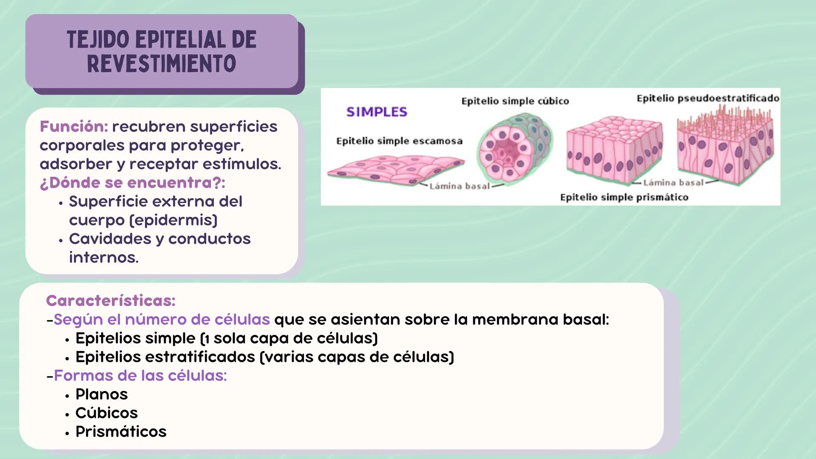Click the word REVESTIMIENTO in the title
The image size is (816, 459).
pyautogui.click(x=161, y=64)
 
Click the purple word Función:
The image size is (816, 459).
pyautogui.click(x=74, y=127)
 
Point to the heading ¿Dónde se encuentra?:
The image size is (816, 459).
pyautogui.click(x=132, y=183)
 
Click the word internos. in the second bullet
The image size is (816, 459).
pyautogui.click(x=104, y=258)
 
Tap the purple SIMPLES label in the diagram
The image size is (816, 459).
pyautogui.click(x=377, y=112)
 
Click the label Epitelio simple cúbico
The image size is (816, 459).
pyautogui.click(x=515, y=101)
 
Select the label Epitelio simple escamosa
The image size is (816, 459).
pyautogui.click(x=399, y=141)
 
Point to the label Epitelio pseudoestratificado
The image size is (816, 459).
pyautogui.click(x=708, y=99)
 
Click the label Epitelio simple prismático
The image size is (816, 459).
pyautogui.click(x=624, y=197)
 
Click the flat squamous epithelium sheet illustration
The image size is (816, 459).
pyautogui.click(x=395, y=169)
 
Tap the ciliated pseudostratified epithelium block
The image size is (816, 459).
pyautogui.click(x=725, y=147)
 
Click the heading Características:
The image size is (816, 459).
pyautogui.click(x=111, y=301)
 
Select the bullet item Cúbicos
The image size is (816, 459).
pyautogui.click(x=106, y=413)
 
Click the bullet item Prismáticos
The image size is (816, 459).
pyautogui.click(x=121, y=432)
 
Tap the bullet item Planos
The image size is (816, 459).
pyautogui.click(x=101, y=394)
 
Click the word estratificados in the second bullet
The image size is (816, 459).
pyautogui.click(x=200, y=357)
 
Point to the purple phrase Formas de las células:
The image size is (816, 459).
pyautogui.click(x=140, y=376)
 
